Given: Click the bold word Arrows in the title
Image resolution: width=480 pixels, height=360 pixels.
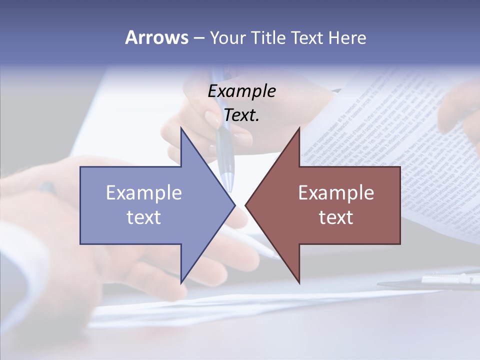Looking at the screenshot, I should pos(156,38).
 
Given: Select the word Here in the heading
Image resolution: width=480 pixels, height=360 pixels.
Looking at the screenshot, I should pos(347,38).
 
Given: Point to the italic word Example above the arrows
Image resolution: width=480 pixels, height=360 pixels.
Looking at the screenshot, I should pos(241,91).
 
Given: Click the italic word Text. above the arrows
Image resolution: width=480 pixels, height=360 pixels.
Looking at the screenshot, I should pos(241,115).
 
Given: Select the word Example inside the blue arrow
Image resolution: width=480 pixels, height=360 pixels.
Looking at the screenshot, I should pos(144,193).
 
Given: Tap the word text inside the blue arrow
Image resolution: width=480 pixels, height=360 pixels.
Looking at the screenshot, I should pos(144,217).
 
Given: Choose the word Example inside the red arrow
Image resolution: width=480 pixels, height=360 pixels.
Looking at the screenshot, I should pos(336,193).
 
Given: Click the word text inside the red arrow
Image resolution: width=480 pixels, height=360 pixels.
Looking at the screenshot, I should pos(336,217).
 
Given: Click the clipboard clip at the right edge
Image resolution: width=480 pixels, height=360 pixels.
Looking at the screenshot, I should pos(450,279).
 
